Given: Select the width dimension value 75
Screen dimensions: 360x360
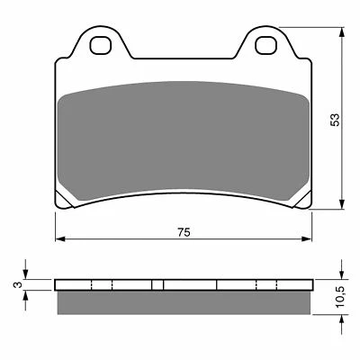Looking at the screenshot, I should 183,232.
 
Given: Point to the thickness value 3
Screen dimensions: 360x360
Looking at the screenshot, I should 15,284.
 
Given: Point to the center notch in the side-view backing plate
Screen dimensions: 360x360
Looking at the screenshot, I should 157,285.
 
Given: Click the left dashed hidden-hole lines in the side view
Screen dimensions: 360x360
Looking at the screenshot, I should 102,285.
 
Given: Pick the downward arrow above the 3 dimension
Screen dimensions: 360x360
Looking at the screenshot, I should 26,274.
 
